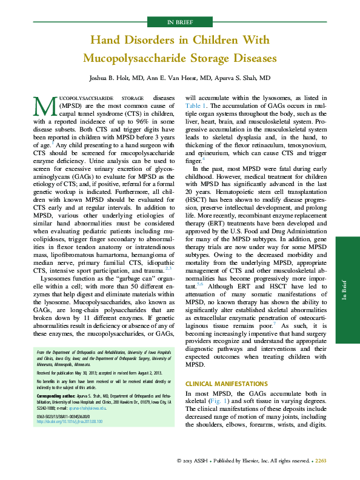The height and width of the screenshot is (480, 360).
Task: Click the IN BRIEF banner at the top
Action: [x=180, y=22]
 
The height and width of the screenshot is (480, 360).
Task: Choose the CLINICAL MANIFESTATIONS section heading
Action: [x=226, y=384]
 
